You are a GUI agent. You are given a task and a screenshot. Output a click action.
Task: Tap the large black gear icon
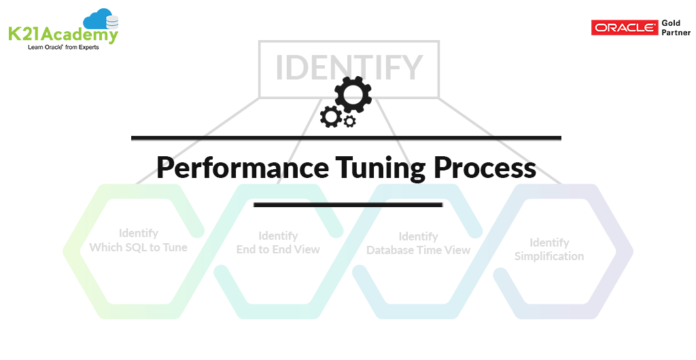tap(353, 94)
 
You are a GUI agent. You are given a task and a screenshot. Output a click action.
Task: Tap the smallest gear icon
tap(350, 122)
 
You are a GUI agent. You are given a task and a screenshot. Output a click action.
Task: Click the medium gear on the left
tap(331, 116)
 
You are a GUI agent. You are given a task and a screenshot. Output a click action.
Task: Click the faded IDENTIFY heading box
tap(349, 68)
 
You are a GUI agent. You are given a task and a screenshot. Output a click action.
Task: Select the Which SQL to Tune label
tap(138, 247)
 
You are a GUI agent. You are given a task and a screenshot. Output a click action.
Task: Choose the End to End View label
tap(278, 249)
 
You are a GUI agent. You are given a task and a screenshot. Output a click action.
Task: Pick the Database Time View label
tap(418, 250)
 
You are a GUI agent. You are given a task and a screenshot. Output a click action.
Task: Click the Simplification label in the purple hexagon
tap(549, 256)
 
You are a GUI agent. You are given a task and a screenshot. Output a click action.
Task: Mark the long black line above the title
tap(346, 138)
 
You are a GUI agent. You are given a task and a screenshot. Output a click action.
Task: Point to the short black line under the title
tap(348, 204)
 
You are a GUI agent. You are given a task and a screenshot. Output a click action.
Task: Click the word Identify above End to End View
tap(278, 236)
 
